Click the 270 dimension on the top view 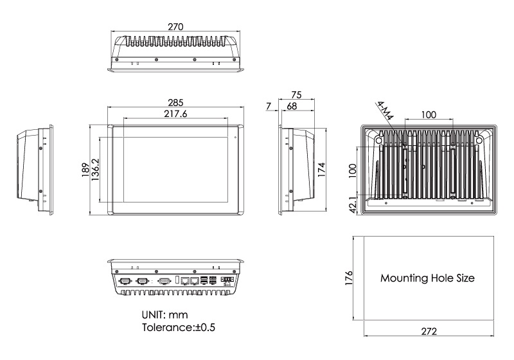[175, 27]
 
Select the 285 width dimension [175, 102]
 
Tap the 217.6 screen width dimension [175, 114]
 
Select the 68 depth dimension [292, 105]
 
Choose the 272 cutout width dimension [429, 331]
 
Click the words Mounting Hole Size [427, 279]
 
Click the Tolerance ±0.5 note [178, 328]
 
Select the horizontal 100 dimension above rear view [429, 114]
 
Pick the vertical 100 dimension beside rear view [352, 169]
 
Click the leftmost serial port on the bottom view [125, 280]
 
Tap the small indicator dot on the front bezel [235, 137]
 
